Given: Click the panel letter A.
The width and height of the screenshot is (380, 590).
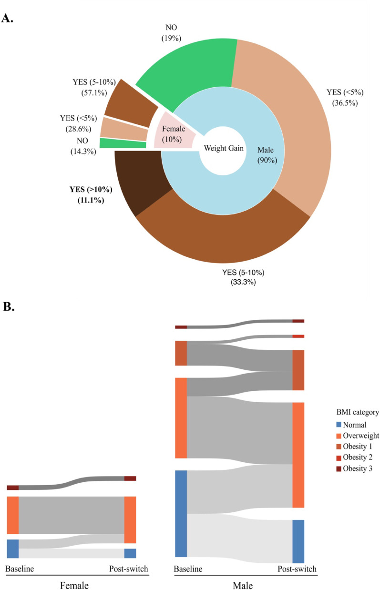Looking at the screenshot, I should tap(8, 19).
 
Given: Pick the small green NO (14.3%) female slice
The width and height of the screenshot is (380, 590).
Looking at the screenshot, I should tap(123, 143).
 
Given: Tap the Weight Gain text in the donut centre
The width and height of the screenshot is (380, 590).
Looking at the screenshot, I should tap(224, 148).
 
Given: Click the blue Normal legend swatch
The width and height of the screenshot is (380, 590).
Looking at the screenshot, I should tap(339, 425).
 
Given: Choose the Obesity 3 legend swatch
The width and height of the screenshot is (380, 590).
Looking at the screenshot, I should tap(339, 468).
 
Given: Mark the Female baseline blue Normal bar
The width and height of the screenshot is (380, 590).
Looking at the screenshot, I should tap(12, 549).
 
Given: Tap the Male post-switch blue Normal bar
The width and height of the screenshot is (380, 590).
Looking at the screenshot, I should tap(298, 541).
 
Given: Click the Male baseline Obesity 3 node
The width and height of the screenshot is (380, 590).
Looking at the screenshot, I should tap(181, 327).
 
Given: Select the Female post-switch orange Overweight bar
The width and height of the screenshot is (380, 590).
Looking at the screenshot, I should tap(130, 519).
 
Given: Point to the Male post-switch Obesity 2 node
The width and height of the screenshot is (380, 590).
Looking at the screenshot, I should tap(298, 336).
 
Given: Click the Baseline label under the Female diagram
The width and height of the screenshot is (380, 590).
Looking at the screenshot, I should tap(20, 569).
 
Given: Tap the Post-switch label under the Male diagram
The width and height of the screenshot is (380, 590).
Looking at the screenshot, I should tap(297, 569).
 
